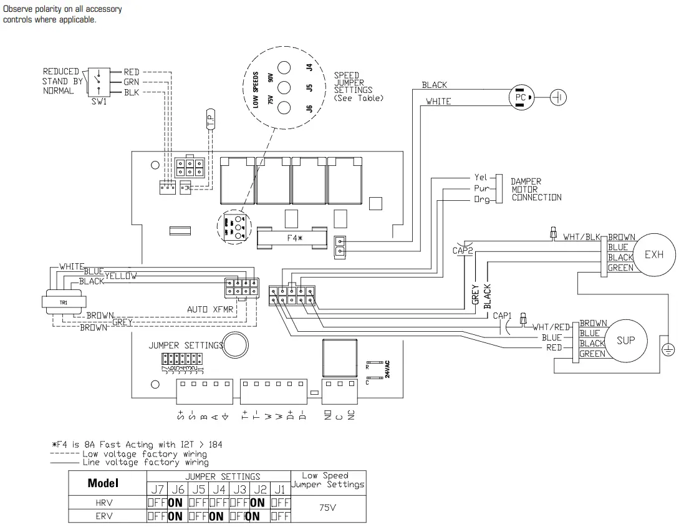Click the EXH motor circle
(x=654, y=254)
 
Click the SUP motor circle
(x=625, y=341)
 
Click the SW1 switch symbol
(x=97, y=81)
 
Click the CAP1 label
(x=502, y=316)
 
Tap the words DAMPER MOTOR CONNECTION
(x=536, y=189)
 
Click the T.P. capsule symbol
(x=211, y=120)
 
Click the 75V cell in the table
(x=328, y=508)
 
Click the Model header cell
(x=103, y=483)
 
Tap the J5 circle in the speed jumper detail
(x=284, y=88)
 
